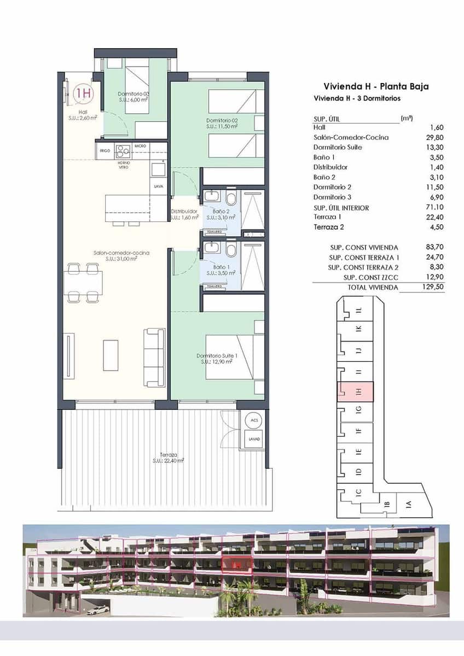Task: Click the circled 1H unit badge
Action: click(x=83, y=93)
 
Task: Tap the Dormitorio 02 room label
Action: click(x=222, y=123)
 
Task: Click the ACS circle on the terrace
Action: click(x=253, y=420)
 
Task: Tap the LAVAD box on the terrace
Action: click(x=253, y=440)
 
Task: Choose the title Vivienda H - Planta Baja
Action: click(x=376, y=86)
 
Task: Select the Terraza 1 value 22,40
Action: click(x=434, y=218)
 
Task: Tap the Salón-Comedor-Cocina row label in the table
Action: click(x=351, y=137)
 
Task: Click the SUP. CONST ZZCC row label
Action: click(x=363, y=277)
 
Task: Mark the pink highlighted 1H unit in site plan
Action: click(x=356, y=391)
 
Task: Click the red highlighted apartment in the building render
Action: click(x=236, y=563)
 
